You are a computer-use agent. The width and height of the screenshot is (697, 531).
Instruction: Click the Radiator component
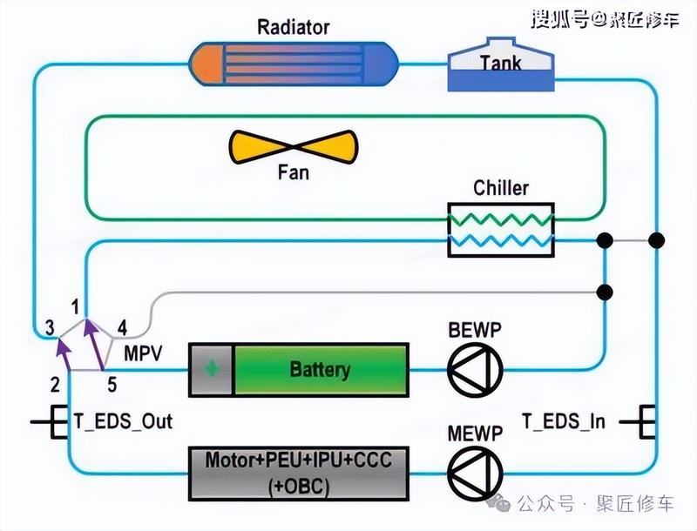294,66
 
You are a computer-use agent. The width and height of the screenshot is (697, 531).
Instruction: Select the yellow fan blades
293,146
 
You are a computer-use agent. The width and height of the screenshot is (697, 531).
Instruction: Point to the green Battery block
319,369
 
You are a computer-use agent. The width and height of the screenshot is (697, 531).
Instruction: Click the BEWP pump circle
474,369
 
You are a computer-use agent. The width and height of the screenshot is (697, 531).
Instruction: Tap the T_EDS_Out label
123,422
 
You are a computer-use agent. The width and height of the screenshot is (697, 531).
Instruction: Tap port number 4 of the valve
122,328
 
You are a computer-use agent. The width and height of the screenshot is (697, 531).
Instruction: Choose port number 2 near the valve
55,384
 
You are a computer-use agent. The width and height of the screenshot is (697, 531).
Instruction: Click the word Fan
293,172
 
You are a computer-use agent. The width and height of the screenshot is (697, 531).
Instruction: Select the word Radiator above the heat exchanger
294,27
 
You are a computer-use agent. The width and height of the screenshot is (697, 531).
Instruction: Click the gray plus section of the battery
212,369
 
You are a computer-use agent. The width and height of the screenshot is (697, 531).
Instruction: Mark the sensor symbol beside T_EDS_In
646,422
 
